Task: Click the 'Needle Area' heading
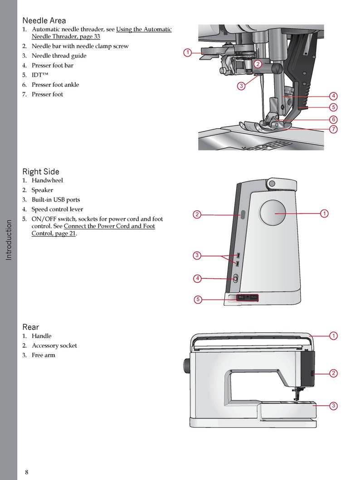click(x=44, y=20)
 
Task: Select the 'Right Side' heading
click(x=41, y=172)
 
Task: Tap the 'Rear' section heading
click(x=31, y=327)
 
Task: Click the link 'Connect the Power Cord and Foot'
click(x=109, y=226)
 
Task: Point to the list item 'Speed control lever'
click(x=57, y=209)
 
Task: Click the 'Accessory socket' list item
click(x=54, y=346)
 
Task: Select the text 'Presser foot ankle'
click(x=55, y=85)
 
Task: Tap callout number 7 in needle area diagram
click(x=333, y=129)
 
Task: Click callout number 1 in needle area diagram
click(x=187, y=53)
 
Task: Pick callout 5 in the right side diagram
click(x=197, y=299)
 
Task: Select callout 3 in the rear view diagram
click(x=333, y=406)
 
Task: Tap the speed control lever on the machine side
click(x=235, y=279)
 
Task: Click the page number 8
click(x=27, y=472)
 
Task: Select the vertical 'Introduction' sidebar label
click(x=9, y=240)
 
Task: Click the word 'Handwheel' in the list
click(x=47, y=180)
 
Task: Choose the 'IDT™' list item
click(x=40, y=75)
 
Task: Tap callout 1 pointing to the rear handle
click(x=333, y=336)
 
